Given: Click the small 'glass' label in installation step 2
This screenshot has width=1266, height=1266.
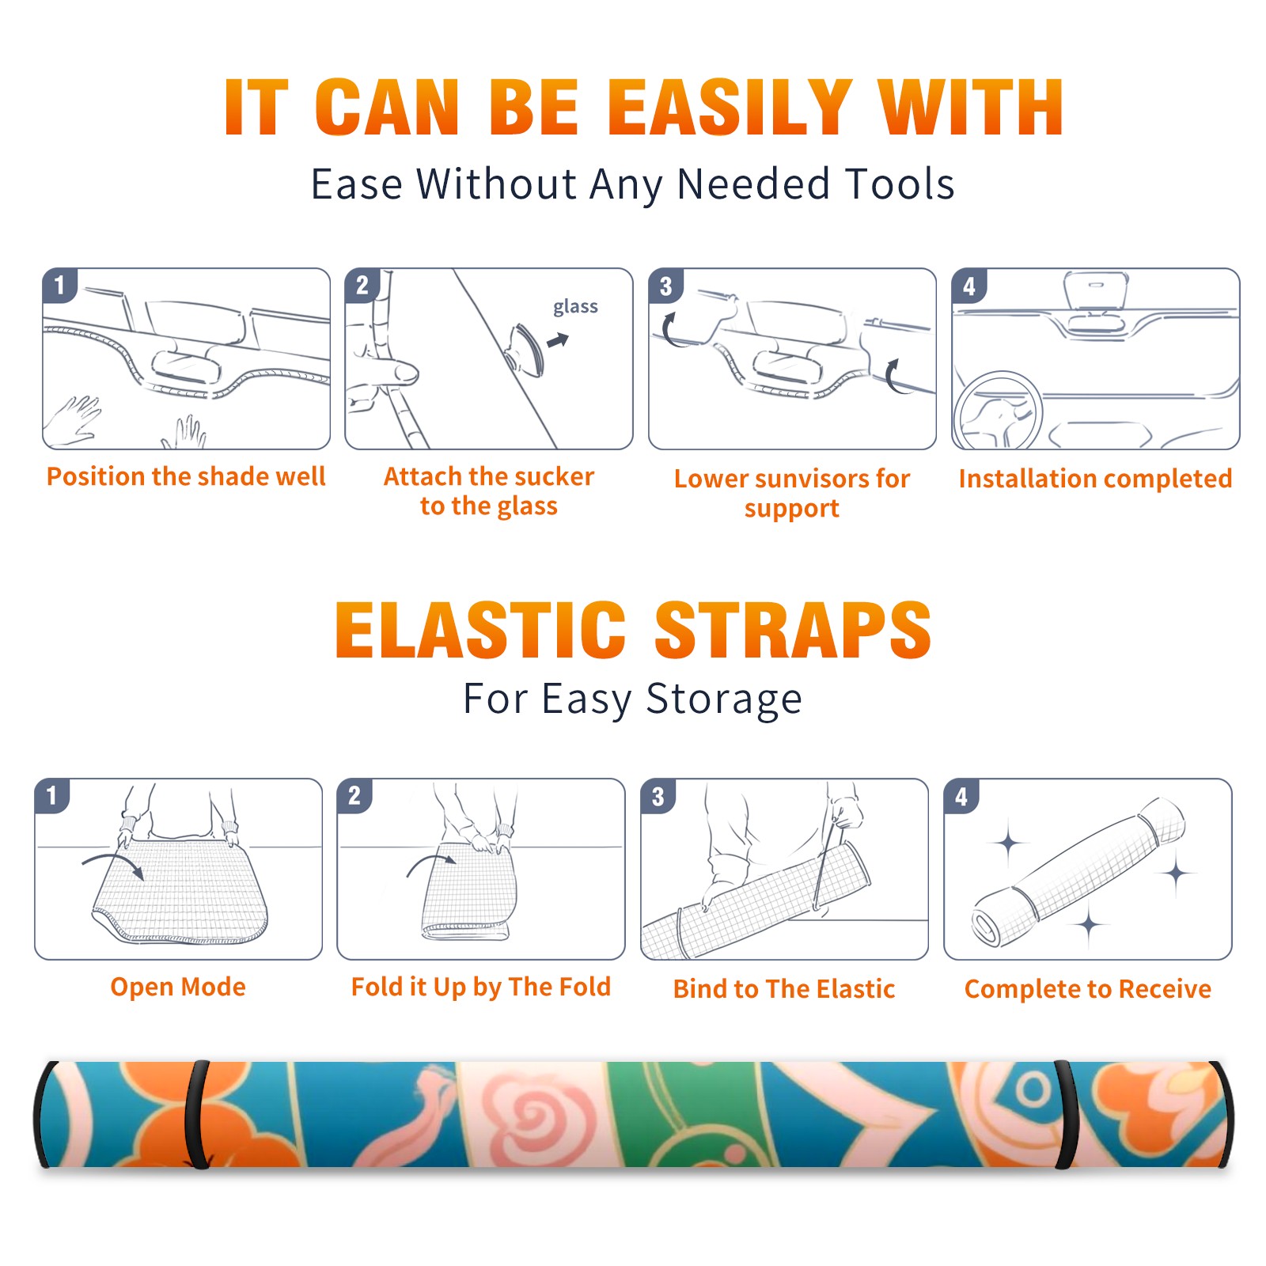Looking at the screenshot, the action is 575,306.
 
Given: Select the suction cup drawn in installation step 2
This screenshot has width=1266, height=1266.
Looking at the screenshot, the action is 525,348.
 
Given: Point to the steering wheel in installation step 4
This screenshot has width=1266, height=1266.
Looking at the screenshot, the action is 997,410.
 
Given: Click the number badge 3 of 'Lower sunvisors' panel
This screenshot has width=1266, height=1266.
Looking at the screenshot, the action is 665,286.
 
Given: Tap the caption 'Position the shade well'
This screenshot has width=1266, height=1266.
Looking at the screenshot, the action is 186,476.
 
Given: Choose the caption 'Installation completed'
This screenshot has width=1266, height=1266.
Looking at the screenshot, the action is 1095,478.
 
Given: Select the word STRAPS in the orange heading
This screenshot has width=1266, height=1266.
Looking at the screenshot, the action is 793,630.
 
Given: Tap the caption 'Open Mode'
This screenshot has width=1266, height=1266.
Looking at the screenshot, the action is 178,987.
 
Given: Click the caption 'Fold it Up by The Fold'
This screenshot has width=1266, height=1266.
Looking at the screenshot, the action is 481,987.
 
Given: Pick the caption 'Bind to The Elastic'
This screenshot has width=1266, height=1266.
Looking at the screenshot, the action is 783,988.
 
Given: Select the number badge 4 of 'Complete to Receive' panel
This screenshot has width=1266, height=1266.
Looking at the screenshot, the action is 961,796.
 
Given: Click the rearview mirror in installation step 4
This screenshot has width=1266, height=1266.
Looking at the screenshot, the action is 1096,290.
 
